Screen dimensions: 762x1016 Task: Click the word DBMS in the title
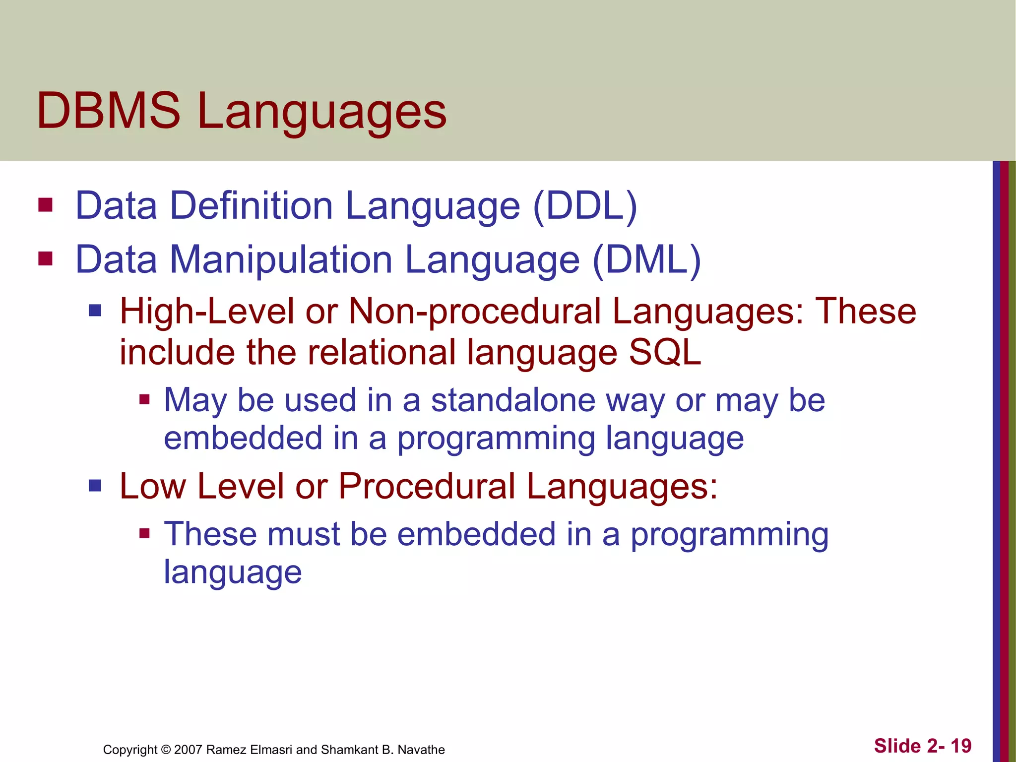tap(109, 111)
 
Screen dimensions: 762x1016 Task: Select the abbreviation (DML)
tap(646, 259)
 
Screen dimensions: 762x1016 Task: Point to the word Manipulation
tap(281, 259)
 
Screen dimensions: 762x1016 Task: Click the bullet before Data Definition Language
tap(45, 205)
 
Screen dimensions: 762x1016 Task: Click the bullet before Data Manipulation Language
tap(45, 258)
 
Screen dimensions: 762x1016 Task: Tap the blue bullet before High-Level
tap(95, 311)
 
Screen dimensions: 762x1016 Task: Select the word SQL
tap(665, 352)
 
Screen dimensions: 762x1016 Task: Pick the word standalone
tap(513, 400)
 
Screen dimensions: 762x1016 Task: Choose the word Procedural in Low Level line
tap(427, 486)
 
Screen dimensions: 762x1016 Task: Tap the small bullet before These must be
tap(144, 533)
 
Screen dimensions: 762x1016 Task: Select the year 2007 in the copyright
tap(188, 750)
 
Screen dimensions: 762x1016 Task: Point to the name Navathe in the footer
tap(421, 750)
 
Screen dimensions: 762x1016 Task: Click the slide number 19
tap(961, 746)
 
